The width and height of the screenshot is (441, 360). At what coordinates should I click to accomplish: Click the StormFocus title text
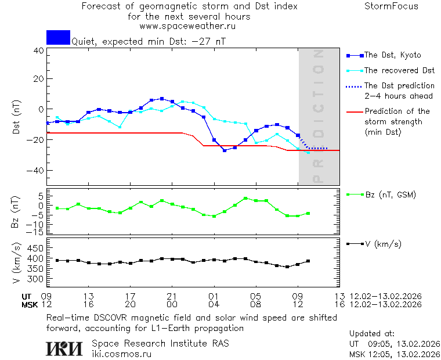[x=391, y=7]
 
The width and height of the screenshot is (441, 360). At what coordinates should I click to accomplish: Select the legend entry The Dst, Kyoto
[x=392, y=55]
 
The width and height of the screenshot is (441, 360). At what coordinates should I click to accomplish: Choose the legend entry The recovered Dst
[x=399, y=71]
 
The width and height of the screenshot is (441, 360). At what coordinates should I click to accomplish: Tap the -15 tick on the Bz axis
[x=36, y=232]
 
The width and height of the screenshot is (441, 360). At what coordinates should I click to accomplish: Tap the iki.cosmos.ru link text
[x=121, y=354]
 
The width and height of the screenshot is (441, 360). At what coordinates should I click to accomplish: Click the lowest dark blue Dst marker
[x=225, y=150]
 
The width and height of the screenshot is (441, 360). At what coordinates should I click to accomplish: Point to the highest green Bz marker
[x=245, y=199]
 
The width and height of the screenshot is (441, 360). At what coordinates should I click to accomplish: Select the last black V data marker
[x=308, y=261]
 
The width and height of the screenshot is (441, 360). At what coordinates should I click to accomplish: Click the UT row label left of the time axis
[x=27, y=296]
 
